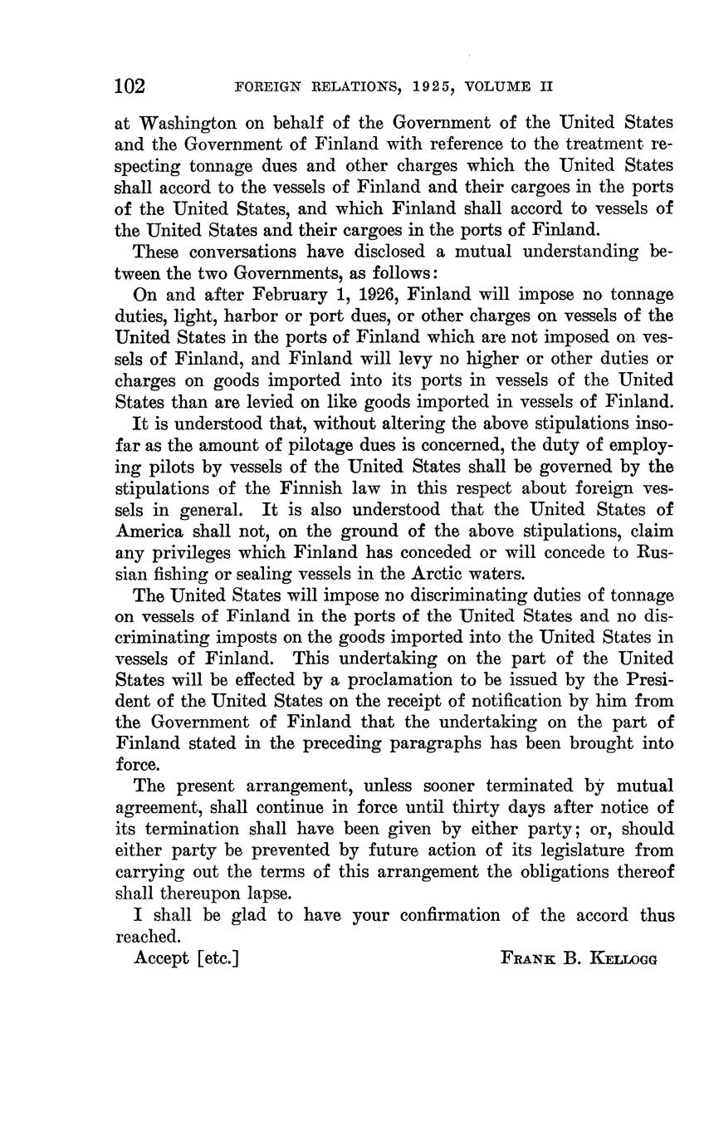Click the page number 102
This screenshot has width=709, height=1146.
click(x=130, y=86)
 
